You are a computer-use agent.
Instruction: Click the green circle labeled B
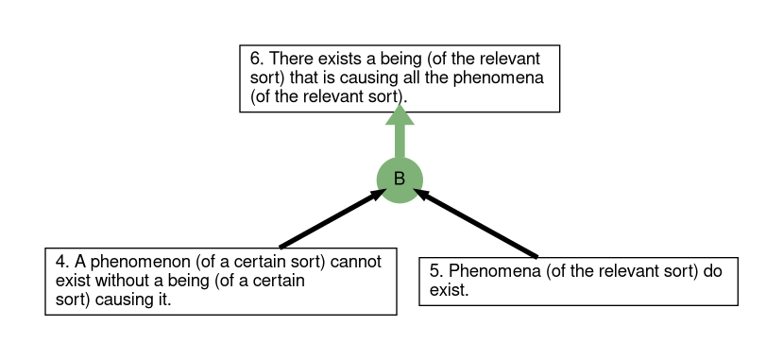click(x=400, y=180)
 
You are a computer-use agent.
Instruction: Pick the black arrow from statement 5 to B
click(x=475, y=223)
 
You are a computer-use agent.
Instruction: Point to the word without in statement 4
click(x=119, y=281)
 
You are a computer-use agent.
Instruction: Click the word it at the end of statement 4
click(x=164, y=300)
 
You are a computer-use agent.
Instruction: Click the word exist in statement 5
click(x=449, y=290)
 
